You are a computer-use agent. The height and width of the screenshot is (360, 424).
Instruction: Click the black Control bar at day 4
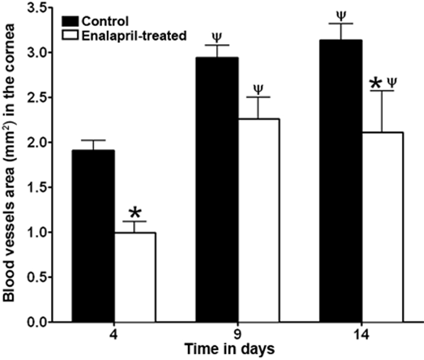94,236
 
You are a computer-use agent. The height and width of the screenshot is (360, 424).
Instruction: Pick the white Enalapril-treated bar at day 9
258,220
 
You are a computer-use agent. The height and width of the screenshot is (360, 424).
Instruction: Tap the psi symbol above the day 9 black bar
217,37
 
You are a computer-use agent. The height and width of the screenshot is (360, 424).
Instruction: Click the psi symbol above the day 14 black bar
341,15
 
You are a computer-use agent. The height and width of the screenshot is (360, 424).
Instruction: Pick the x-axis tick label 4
114,337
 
